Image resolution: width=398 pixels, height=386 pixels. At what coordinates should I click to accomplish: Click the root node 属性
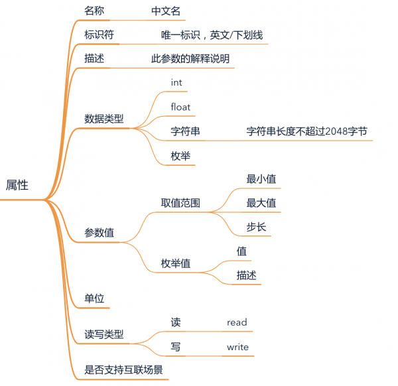coord(17,186)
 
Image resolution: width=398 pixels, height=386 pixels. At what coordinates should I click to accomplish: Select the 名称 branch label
coord(94,11)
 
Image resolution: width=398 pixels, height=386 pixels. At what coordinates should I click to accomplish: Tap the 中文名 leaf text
coord(166,11)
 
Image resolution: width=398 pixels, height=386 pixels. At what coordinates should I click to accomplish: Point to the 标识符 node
coord(99,35)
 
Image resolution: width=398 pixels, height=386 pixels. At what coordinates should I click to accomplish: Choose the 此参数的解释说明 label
coord(190,59)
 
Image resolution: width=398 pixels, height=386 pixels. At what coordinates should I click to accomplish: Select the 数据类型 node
coord(104,119)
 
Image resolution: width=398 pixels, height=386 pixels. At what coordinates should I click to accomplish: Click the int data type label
coord(176,83)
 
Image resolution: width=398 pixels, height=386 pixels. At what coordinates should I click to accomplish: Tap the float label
coord(180,107)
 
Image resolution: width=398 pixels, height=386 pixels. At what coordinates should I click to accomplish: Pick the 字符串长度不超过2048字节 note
coord(306,131)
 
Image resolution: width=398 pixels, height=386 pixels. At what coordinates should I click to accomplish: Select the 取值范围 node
coord(180,203)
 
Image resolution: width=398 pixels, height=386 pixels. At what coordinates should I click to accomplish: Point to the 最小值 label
coord(261,179)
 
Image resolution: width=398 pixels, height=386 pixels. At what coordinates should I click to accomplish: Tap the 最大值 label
coord(261,203)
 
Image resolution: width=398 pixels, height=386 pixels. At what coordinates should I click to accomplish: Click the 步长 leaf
coord(257,227)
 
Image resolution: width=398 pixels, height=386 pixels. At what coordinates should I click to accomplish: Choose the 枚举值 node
coord(176,263)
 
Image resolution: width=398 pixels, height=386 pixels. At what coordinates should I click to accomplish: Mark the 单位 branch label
coord(94,298)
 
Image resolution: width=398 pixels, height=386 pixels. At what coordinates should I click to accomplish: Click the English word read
coord(237,323)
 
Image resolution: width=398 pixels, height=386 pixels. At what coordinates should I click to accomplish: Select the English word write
coord(237,347)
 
